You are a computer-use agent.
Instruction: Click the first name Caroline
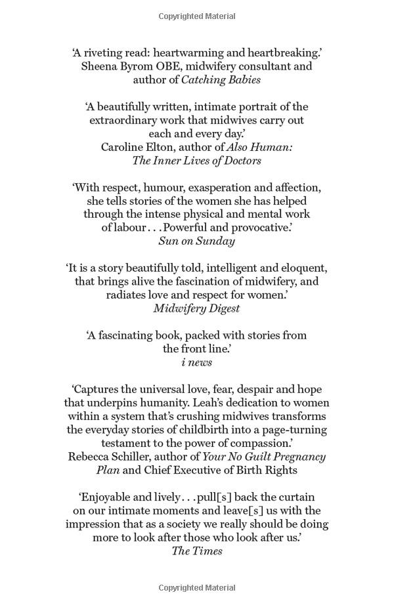(124, 147)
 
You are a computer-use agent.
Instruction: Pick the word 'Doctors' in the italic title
(238, 161)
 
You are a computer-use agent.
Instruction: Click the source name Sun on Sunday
(196, 241)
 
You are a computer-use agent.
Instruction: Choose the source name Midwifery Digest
(196, 308)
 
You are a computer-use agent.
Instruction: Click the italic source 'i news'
(196, 362)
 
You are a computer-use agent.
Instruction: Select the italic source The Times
(196, 551)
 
